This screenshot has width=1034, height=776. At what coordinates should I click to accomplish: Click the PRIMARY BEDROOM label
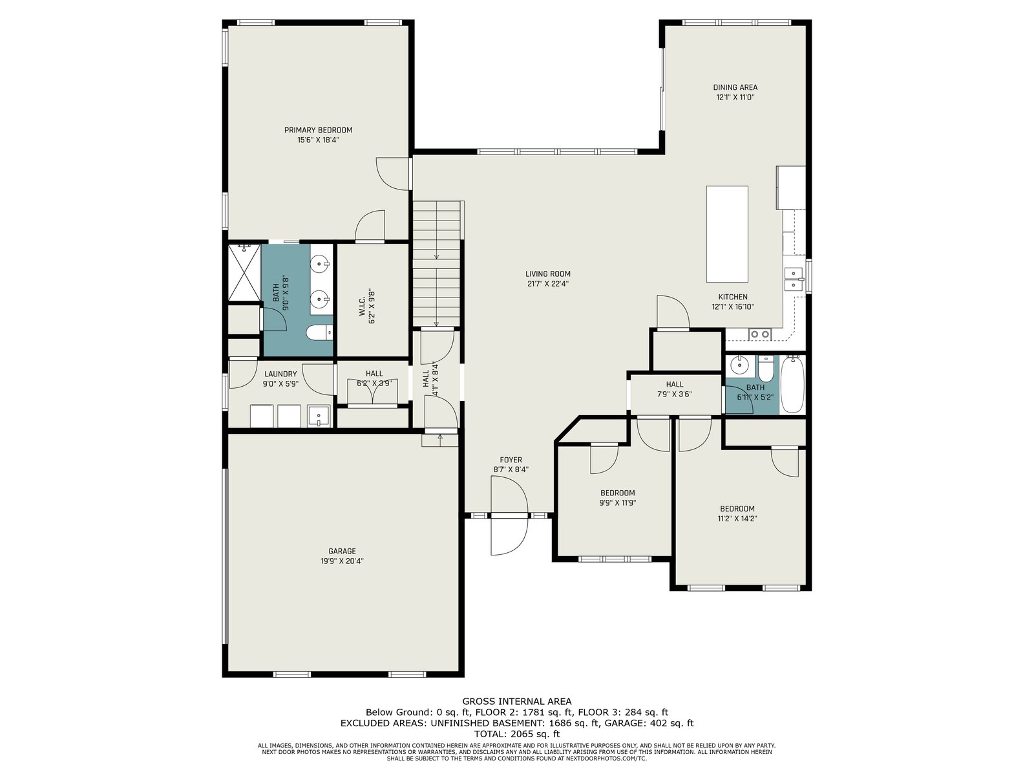318,130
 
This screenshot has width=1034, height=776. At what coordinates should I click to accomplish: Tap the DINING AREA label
735,87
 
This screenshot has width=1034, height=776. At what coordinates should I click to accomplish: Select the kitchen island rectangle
727,234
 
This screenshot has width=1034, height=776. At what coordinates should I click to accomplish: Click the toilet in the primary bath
319,333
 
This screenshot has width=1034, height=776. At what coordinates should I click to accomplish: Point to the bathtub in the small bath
792,385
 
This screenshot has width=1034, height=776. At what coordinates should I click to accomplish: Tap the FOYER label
511,460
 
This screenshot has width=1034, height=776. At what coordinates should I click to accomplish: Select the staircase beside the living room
437,263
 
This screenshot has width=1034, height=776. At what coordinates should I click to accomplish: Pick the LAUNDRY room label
280,374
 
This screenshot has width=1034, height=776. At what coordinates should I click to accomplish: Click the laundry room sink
319,416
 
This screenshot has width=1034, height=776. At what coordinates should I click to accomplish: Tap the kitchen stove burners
759,334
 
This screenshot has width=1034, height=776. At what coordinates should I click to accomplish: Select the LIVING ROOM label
548,274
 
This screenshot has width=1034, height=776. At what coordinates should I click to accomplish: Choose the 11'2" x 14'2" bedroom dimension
738,519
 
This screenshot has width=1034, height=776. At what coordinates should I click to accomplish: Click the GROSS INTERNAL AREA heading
517,702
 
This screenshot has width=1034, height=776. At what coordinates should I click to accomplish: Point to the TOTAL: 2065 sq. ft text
517,734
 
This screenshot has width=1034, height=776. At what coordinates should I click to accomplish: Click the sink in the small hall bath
739,365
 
